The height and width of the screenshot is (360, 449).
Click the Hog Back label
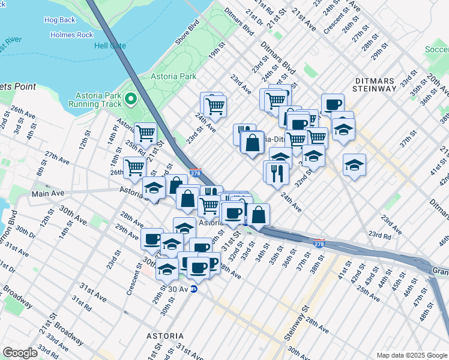(x=60, y=20)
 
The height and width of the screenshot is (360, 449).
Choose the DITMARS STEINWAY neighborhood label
(x=384, y=84)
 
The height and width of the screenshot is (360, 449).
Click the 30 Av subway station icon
(x=193, y=289)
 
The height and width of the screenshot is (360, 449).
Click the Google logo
(x=20, y=353)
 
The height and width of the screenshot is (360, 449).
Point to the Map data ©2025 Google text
(x=411, y=355)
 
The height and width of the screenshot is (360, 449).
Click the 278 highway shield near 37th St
(x=319, y=244)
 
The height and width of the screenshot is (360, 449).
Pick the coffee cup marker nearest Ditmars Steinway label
(x=333, y=104)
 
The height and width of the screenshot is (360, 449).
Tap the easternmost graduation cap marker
(x=354, y=164)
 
